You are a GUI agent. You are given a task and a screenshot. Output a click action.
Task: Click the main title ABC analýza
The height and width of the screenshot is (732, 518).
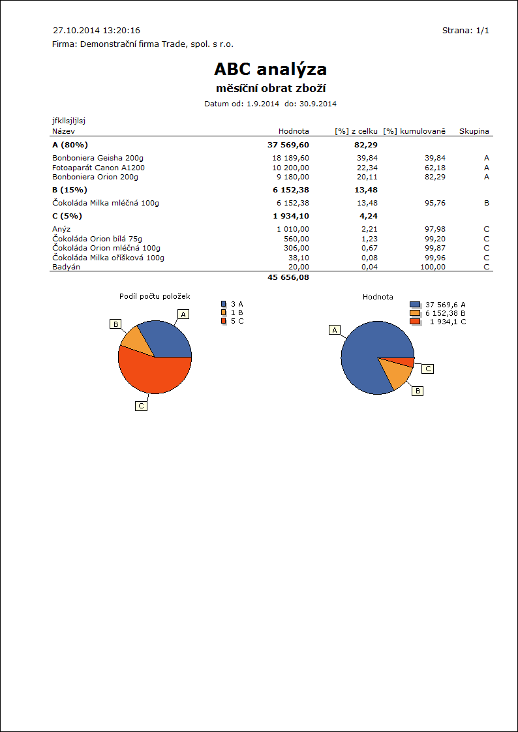click(270, 69)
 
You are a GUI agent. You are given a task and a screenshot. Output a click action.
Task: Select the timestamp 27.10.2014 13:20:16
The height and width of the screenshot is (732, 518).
click(96, 31)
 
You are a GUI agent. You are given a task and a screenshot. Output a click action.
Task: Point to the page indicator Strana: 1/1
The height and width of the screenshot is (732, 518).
click(465, 31)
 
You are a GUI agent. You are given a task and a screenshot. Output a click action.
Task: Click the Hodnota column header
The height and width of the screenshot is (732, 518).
click(294, 131)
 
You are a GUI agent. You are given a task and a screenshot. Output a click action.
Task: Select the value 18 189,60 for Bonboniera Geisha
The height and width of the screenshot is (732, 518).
click(290, 158)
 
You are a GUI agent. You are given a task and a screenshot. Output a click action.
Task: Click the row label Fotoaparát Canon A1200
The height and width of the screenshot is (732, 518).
click(99, 168)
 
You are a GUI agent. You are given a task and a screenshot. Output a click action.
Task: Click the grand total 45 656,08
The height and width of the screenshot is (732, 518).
click(288, 277)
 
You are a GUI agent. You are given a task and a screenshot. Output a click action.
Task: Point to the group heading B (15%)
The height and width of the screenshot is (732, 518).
click(70, 191)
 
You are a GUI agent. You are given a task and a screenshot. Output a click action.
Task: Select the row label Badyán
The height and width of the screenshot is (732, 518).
click(67, 267)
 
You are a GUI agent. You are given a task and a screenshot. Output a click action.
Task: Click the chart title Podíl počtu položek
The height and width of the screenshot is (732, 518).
click(155, 296)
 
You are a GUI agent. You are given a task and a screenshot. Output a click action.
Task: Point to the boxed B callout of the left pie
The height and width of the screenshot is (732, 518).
click(115, 324)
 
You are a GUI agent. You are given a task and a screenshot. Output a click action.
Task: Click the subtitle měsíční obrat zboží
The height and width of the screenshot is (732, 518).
click(270, 88)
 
